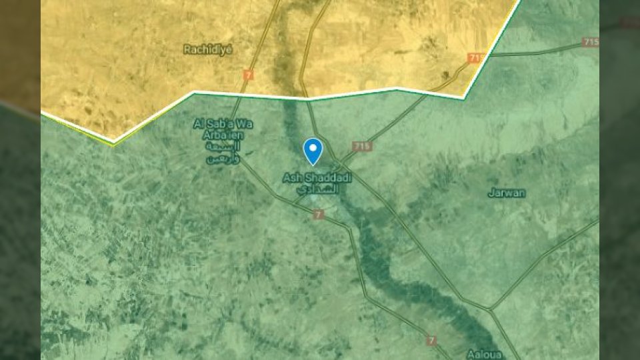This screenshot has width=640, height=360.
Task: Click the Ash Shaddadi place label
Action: [x=311, y=178]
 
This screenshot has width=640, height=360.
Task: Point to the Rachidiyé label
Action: [x=208, y=49]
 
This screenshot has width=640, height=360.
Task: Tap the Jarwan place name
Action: [x=506, y=193]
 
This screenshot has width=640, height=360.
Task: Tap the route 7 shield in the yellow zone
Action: [x=249, y=75]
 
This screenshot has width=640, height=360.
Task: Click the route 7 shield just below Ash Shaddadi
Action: [x=318, y=214]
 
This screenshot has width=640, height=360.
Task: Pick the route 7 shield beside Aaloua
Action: [x=432, y=341]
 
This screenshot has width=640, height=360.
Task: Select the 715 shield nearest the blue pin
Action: [x=362, y=146]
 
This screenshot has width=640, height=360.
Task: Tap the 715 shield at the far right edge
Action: [x=591, y=42]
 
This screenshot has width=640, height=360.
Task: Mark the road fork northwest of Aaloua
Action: [x=491, y=309]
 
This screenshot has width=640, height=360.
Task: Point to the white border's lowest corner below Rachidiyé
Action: [x=113, y=141]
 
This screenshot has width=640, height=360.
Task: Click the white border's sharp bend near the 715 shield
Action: [x=464, y=98]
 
